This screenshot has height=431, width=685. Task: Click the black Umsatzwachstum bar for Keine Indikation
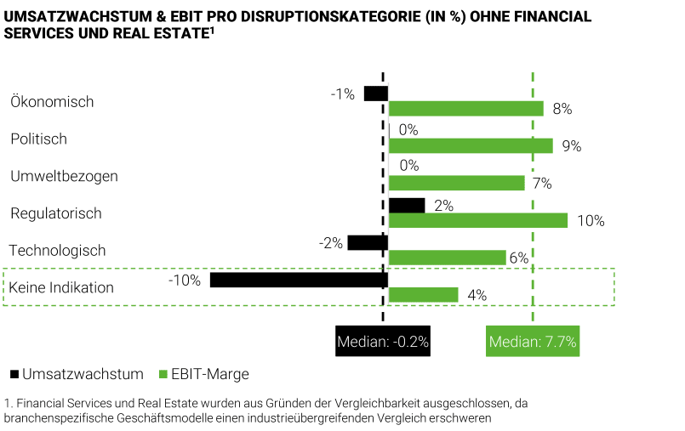coord(299,280)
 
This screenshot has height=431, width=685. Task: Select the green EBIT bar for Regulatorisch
coord(478,220)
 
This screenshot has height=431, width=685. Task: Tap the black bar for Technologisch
coord(368,243)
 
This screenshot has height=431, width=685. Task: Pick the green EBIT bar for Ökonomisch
coord(466,109)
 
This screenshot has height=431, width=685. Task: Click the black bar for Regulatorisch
coord(407,205)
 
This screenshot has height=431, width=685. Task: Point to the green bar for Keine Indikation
coord(424,295)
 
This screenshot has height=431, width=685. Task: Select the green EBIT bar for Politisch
coord(471,145)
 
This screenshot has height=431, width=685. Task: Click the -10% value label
coord(184,280)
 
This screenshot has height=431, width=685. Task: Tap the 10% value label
coord(590,221)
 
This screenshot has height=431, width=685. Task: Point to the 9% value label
coord(571,146)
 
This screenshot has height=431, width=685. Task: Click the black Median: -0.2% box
coord(383,343)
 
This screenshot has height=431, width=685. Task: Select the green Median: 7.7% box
coord(533,343)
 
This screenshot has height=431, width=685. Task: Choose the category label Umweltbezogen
coord(64,176)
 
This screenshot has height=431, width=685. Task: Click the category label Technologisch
coord(57,251)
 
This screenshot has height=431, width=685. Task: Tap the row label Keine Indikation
coord(61,287)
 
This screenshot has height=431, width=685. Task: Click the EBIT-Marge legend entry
coord(203,374)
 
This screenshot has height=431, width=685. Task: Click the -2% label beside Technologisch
coord(331,243)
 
